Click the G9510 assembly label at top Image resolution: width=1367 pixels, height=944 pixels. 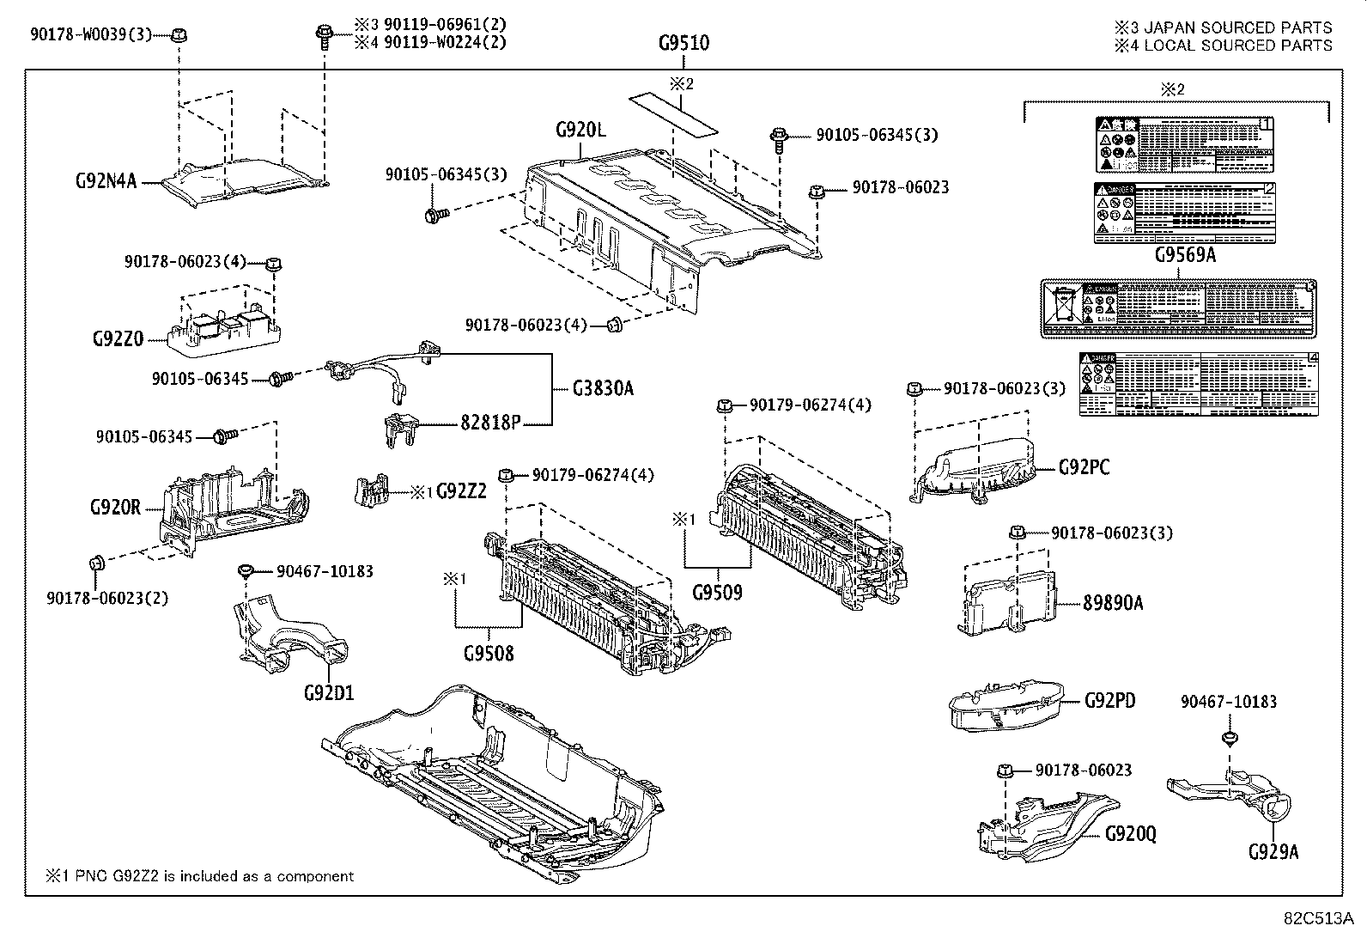pyautogui.click(x=683, y=43)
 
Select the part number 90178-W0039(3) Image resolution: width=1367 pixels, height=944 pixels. pyautogui.click(x=90, y=34)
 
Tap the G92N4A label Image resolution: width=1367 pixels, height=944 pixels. pyautogui.click(x=106, y=181)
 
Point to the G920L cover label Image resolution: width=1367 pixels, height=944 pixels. pyautogui.click(x=580, y=131)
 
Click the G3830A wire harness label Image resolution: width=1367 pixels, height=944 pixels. pyautogui.click(x=603, y=388)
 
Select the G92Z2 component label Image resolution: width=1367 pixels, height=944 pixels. pyautogui.click(x=461, y=491)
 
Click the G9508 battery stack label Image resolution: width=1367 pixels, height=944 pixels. pyautogui.click(x=489, y=653)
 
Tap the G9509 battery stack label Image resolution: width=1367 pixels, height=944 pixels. pyautogui.click(x=717, y=592)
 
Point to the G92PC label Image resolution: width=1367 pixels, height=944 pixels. pyautogui.click(x=1084, y=467)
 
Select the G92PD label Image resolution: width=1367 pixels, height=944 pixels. pyautogui.click(x=1109, y=701)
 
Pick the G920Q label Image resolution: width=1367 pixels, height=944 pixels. pyautogui.click(x=1130, y=833)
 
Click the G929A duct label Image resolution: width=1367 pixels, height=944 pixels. pyautogui.click(x=1273, y=851)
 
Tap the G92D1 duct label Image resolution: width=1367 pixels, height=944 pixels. pyautogui.click(x=329, y=692)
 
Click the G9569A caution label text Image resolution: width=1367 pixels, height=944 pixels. pyautogui.click(x=1184, y=255)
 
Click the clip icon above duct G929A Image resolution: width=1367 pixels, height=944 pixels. pyautogui.click(x=1228, y=738)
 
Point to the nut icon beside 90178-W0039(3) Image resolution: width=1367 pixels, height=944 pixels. pyautogui.click(x=179, y=35)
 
